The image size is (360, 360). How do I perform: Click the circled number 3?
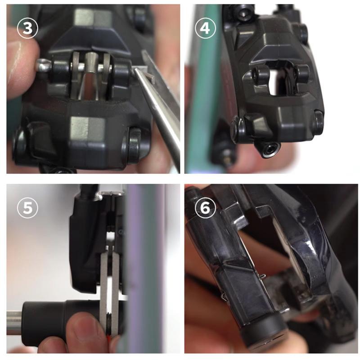coord(27,28)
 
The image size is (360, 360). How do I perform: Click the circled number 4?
coord(205,28)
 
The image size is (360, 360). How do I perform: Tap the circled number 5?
coord(27,207)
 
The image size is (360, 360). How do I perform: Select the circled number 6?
coord(205,207)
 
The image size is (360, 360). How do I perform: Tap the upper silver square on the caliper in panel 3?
coord(93,18)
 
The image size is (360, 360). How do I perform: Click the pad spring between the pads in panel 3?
coord(91,76)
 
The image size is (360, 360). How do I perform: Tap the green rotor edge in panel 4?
coord(202,92)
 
